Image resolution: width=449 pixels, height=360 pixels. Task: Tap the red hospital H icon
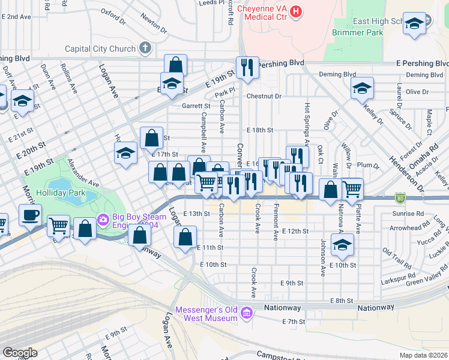pyautogui.click(x=295, y=11)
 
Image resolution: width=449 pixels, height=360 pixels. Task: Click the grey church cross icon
pyautogui.click(x=145, y=47)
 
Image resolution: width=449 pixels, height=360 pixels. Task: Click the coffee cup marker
pyautogui.click(x=29, y=214)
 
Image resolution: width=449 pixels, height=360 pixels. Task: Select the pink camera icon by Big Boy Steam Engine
pyautogui.click(x=103, y=221)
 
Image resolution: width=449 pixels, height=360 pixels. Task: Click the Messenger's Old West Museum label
pyautogui.click(x=206, y=314)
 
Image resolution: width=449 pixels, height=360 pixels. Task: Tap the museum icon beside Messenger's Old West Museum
pyautogui.click(x=246, y=313)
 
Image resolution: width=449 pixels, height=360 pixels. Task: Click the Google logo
pyautogui.click(x=20, y=353)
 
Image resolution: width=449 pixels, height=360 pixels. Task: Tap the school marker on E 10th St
pyautogui.click(x=342, y=244)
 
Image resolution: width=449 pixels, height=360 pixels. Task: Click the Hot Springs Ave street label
pyautogui.click(x=306, y=124)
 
